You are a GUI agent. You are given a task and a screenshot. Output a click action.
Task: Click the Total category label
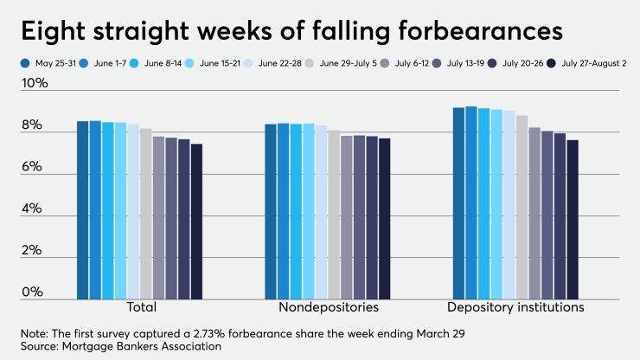coord(138,307)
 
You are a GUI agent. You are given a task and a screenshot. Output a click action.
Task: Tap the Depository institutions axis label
coord(515,307)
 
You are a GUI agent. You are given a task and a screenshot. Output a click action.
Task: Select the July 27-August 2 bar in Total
coord(196,222)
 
